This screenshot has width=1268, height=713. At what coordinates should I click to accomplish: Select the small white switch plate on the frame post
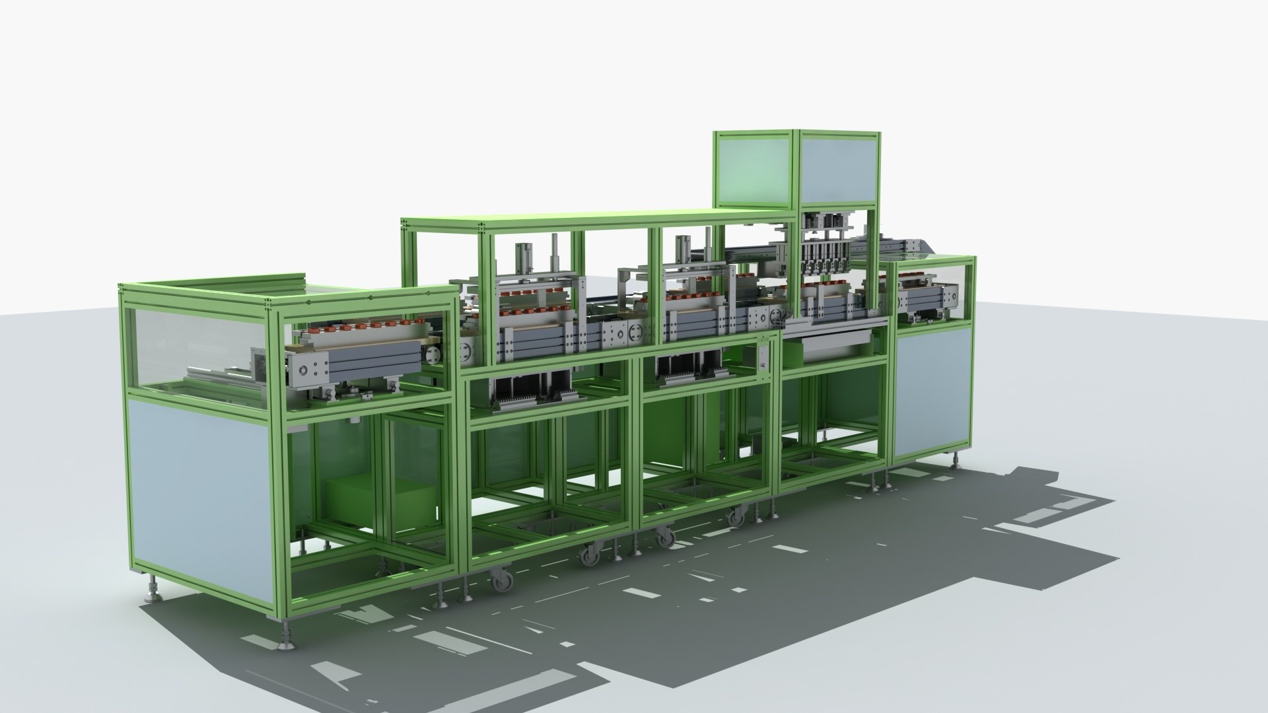765,356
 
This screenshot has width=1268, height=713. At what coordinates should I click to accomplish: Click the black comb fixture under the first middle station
528,395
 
